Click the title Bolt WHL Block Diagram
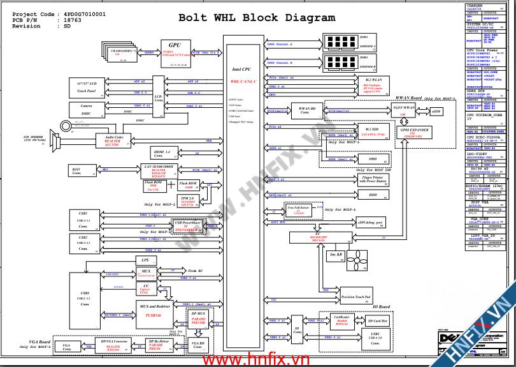coord(257,18)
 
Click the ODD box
coord(373,159)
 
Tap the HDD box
coord(373,195)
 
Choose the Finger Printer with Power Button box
coord(373,179)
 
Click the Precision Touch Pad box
coord(357,297)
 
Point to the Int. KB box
coord(336,255)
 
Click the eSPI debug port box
coord(370,223)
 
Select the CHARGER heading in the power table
coord(475,6)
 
